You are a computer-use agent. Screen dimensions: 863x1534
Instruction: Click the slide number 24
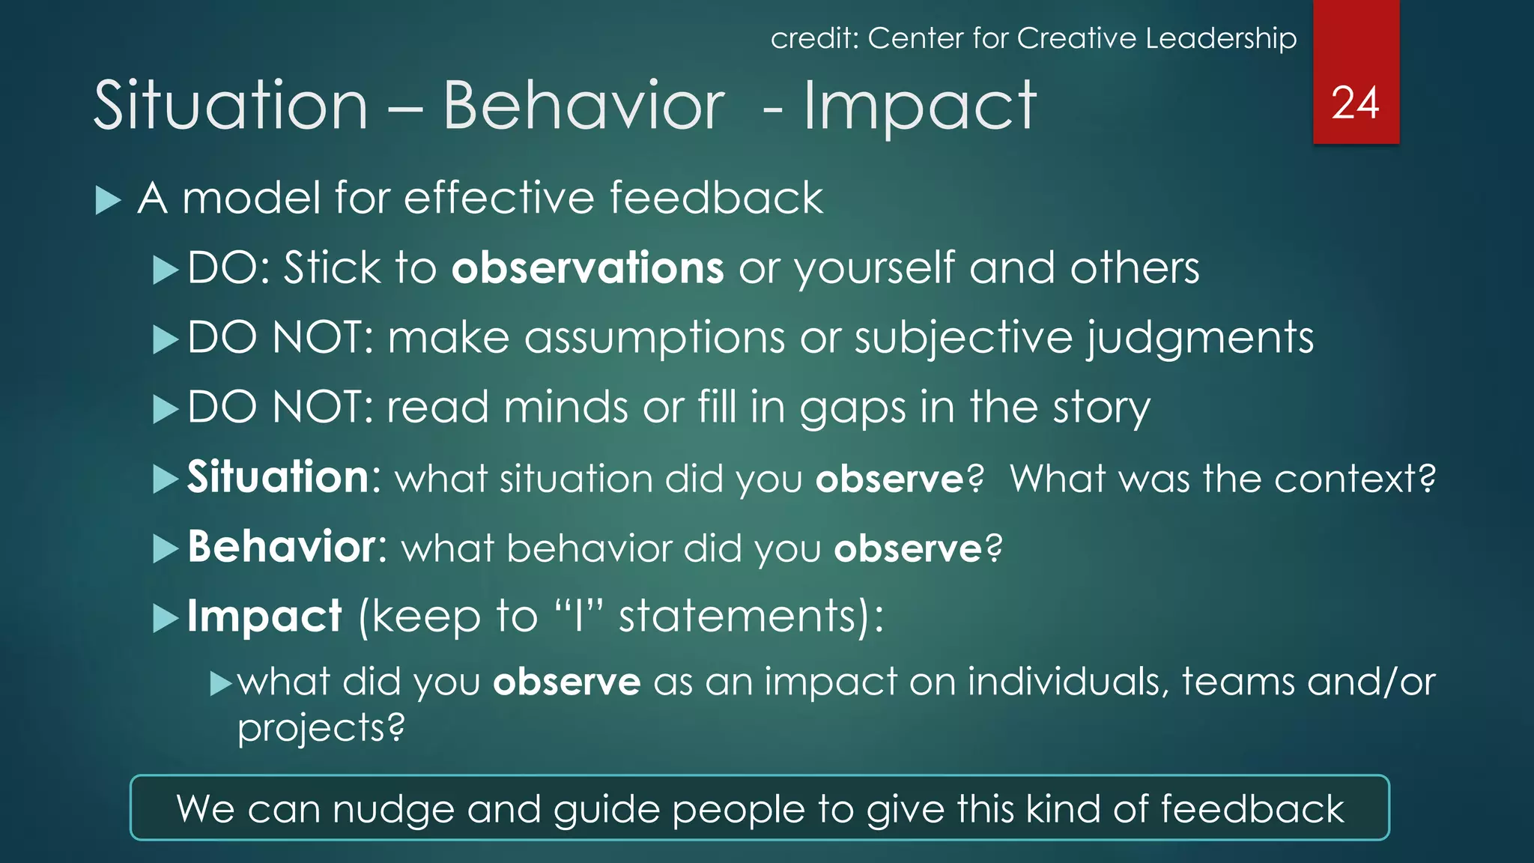[x=1355, y=103]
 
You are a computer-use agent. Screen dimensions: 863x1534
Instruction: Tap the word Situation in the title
[x=231, y=106]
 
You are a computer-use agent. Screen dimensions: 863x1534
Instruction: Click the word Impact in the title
[x=920, y=107]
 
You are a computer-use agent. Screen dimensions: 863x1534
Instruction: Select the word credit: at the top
[x=814, y=38]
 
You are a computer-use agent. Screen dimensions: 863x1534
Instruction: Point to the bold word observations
[x=587, y=268]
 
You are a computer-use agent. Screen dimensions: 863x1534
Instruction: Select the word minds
[x=565, y=408]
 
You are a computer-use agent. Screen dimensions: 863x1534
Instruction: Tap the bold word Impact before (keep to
[x=264, y=617]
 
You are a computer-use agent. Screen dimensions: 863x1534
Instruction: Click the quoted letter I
[x=577, y=617]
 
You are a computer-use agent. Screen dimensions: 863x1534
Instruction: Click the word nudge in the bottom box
[x=393, y=809]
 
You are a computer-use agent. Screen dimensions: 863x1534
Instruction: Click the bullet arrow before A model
[x=109, y=201]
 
